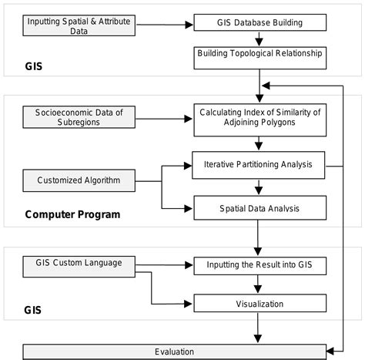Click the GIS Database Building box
[x=259, y=22]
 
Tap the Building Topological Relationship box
[x=259, y=54]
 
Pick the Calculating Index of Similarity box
[x=259, y=117]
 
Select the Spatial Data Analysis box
[x=259, y=207]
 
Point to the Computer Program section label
[x=72, y=214]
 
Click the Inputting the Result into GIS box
[x=259, y=264]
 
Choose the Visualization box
[x=259, y=304]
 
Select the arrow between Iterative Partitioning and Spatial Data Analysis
[x=259, y=185]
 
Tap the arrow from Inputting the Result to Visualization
[x=259, y=284]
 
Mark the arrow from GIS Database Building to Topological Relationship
[x=259, y=39]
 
